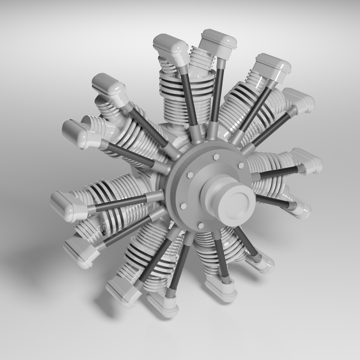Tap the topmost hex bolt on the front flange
pyautogui.click(x=216, y=156)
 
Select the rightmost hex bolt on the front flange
pyautogui.click(x=241, y=165)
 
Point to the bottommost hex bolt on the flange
pyautogui.click(x=200, y=226)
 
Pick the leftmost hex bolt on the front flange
pyautogui.click(x=183, y=205)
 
